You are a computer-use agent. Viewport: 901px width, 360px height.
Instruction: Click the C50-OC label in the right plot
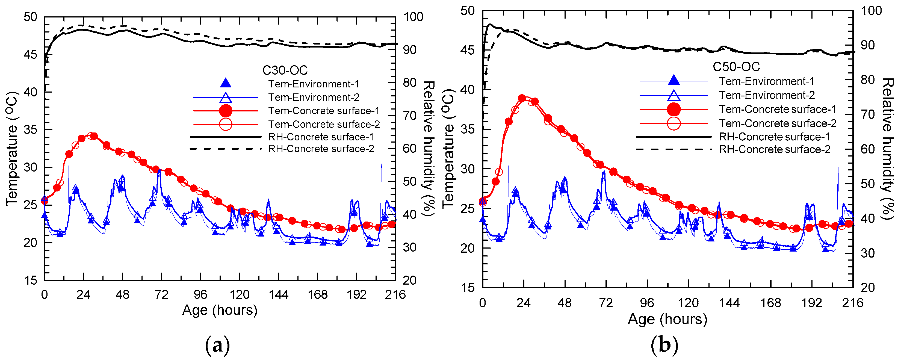(736, 67)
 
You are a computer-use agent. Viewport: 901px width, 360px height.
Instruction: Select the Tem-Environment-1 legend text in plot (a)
(313, 84)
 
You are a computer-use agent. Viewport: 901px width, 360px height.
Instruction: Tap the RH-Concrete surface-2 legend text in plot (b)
(774, 150)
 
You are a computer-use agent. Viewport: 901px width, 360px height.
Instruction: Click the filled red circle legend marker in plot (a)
(226, 111)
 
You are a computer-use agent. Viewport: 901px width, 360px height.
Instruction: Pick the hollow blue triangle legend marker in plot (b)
(674, 95)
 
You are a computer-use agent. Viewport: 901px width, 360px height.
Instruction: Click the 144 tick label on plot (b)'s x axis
(729, 303)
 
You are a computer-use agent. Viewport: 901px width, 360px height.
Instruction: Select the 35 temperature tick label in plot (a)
(30, 130)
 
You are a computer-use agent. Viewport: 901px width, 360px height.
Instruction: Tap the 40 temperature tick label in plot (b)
(468, 90)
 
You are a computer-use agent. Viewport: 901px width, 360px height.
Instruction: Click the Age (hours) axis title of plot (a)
(220, 310)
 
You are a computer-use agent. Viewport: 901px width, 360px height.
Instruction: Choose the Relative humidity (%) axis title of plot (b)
(887, 149)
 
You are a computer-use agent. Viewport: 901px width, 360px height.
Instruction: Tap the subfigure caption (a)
(218, 346)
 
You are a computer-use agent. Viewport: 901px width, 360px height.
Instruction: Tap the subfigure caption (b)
(664, 346)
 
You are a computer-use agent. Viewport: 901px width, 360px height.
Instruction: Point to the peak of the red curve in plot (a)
(92, 136)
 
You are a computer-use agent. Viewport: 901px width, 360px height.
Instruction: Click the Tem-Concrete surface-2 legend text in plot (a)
(324, 124)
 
